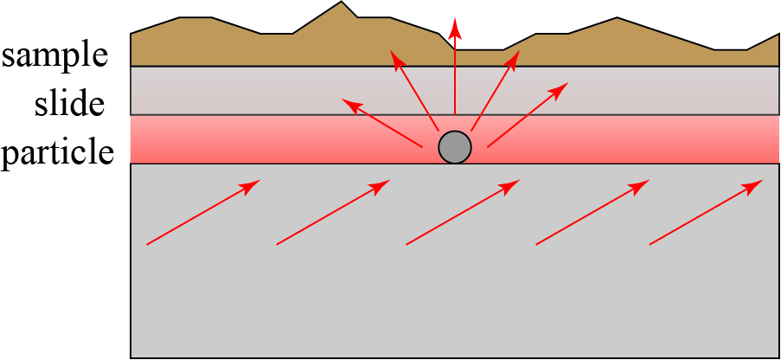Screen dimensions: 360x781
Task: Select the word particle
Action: [57, 153]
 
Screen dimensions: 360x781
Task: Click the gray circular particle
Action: [455, 147]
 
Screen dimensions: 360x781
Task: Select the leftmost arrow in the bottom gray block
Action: [203, 213]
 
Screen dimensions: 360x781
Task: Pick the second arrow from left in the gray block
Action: [333, 213]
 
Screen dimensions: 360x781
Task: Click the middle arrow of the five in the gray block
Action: [463, 213]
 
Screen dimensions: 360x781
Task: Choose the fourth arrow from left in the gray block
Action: [592, 213]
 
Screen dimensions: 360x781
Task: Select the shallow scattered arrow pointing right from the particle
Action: [528, 115]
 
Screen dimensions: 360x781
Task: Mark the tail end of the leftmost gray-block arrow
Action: [148, 245]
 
